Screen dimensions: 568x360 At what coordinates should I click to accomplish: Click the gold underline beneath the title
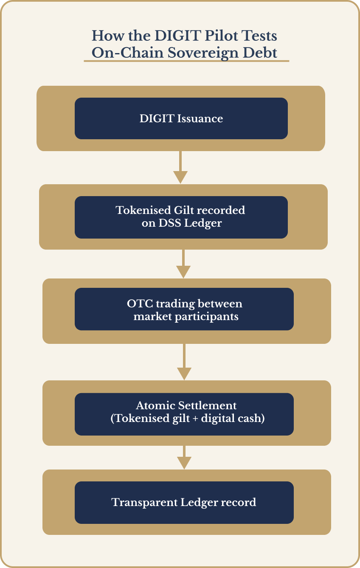pyautogui.click(x=186, y=61)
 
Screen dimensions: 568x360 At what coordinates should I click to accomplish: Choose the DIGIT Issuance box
pyautogui.click(x=181, y=118)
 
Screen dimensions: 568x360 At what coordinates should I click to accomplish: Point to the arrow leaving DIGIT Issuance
pyautogui.click(x=180, y=167)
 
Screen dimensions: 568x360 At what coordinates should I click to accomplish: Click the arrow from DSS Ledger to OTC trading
pyautogui.click(x=183, y=264)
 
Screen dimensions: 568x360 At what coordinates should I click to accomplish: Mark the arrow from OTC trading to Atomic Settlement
pyautogui.click(x=184, y=362)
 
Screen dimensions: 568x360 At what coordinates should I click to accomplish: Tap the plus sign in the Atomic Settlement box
pyautogui.click(x=194, y=418)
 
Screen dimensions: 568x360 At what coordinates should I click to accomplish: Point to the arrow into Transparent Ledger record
pyautogui.click(x=184, y=458)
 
